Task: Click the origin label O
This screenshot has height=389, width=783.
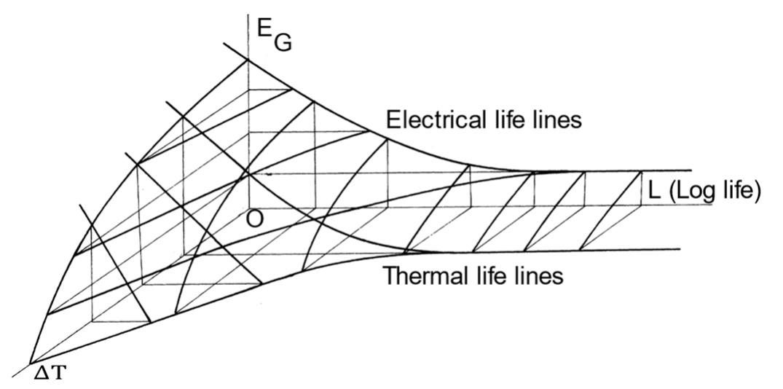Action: (x=254, y=219)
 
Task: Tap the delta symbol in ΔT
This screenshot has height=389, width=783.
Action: (x=42, y=375)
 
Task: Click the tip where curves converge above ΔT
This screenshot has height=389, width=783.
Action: (x=31, y=362)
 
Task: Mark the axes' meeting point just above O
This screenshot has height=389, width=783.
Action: (x=249, y=205)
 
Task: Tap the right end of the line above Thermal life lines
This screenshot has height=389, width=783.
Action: (x=679, y=250)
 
